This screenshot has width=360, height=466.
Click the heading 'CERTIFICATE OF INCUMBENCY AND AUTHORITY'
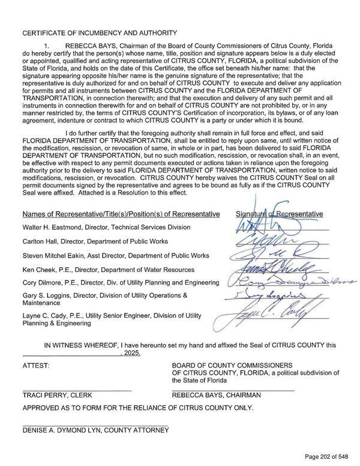pyautogui.click(x=100, y=32)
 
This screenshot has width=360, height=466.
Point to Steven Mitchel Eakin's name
pyautogui.click(x=55, y=256)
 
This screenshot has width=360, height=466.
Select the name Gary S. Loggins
pyautogui.click(x=48, y=295)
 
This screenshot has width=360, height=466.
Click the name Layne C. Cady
pyautogui.click(x=47, y=315)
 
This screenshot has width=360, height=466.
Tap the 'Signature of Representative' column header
pyautogui.click(x=279, y=214)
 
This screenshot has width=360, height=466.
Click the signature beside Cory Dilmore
pyautogui.click(x=288, y=282)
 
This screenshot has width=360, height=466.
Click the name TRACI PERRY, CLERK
pyautogui.click(x=57, y=396)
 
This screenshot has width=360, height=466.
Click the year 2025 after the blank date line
pyautogui.click(x=131, y=354)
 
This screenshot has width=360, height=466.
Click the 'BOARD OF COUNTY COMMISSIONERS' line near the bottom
pyautogui.click(x=232, y=365)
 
